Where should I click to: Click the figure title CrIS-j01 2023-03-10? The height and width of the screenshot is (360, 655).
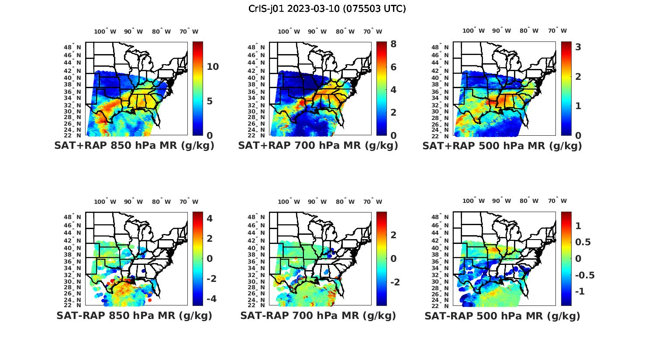pos(327,9)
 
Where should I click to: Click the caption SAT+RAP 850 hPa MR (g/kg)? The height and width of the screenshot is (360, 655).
pos(134,146)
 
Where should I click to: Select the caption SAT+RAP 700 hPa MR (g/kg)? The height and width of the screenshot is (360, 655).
pos(318,146)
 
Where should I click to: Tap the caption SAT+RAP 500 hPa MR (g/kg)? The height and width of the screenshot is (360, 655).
pos(502,146)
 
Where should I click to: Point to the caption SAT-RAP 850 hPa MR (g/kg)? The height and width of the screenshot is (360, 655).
pos(134,315)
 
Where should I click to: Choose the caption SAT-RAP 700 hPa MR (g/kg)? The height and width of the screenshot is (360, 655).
pos(318,315)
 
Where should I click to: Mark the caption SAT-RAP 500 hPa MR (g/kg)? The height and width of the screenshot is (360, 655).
pos(502,315)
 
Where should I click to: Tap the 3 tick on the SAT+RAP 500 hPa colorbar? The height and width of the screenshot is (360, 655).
pos(578,47)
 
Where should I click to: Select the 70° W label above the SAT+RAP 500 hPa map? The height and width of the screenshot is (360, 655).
pos(557,31)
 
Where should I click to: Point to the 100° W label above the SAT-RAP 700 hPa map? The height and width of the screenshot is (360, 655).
pos(289,202)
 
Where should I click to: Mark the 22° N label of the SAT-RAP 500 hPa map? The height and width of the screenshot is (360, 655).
pos(443,305)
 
